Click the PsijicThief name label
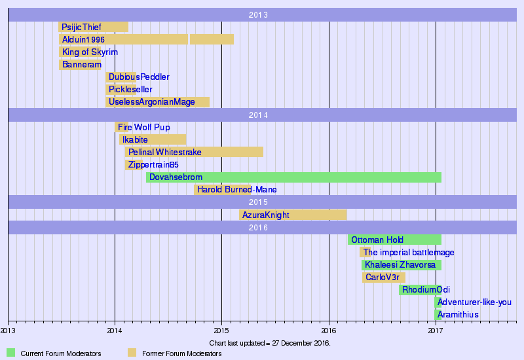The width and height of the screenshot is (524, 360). point(81,27)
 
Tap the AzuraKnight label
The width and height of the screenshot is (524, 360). point(265,215)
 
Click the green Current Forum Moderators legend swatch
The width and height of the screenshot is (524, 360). point(10,353)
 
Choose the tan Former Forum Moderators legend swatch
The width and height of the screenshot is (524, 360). point(132,353)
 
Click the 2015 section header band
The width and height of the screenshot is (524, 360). point(262,202)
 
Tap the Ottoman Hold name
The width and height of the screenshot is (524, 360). point(377,240)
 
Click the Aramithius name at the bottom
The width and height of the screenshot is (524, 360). point(458,315)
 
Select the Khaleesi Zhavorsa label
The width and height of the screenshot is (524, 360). point(400,265)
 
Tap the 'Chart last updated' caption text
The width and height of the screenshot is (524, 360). point(270,343)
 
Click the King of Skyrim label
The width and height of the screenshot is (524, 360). point(90,52)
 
